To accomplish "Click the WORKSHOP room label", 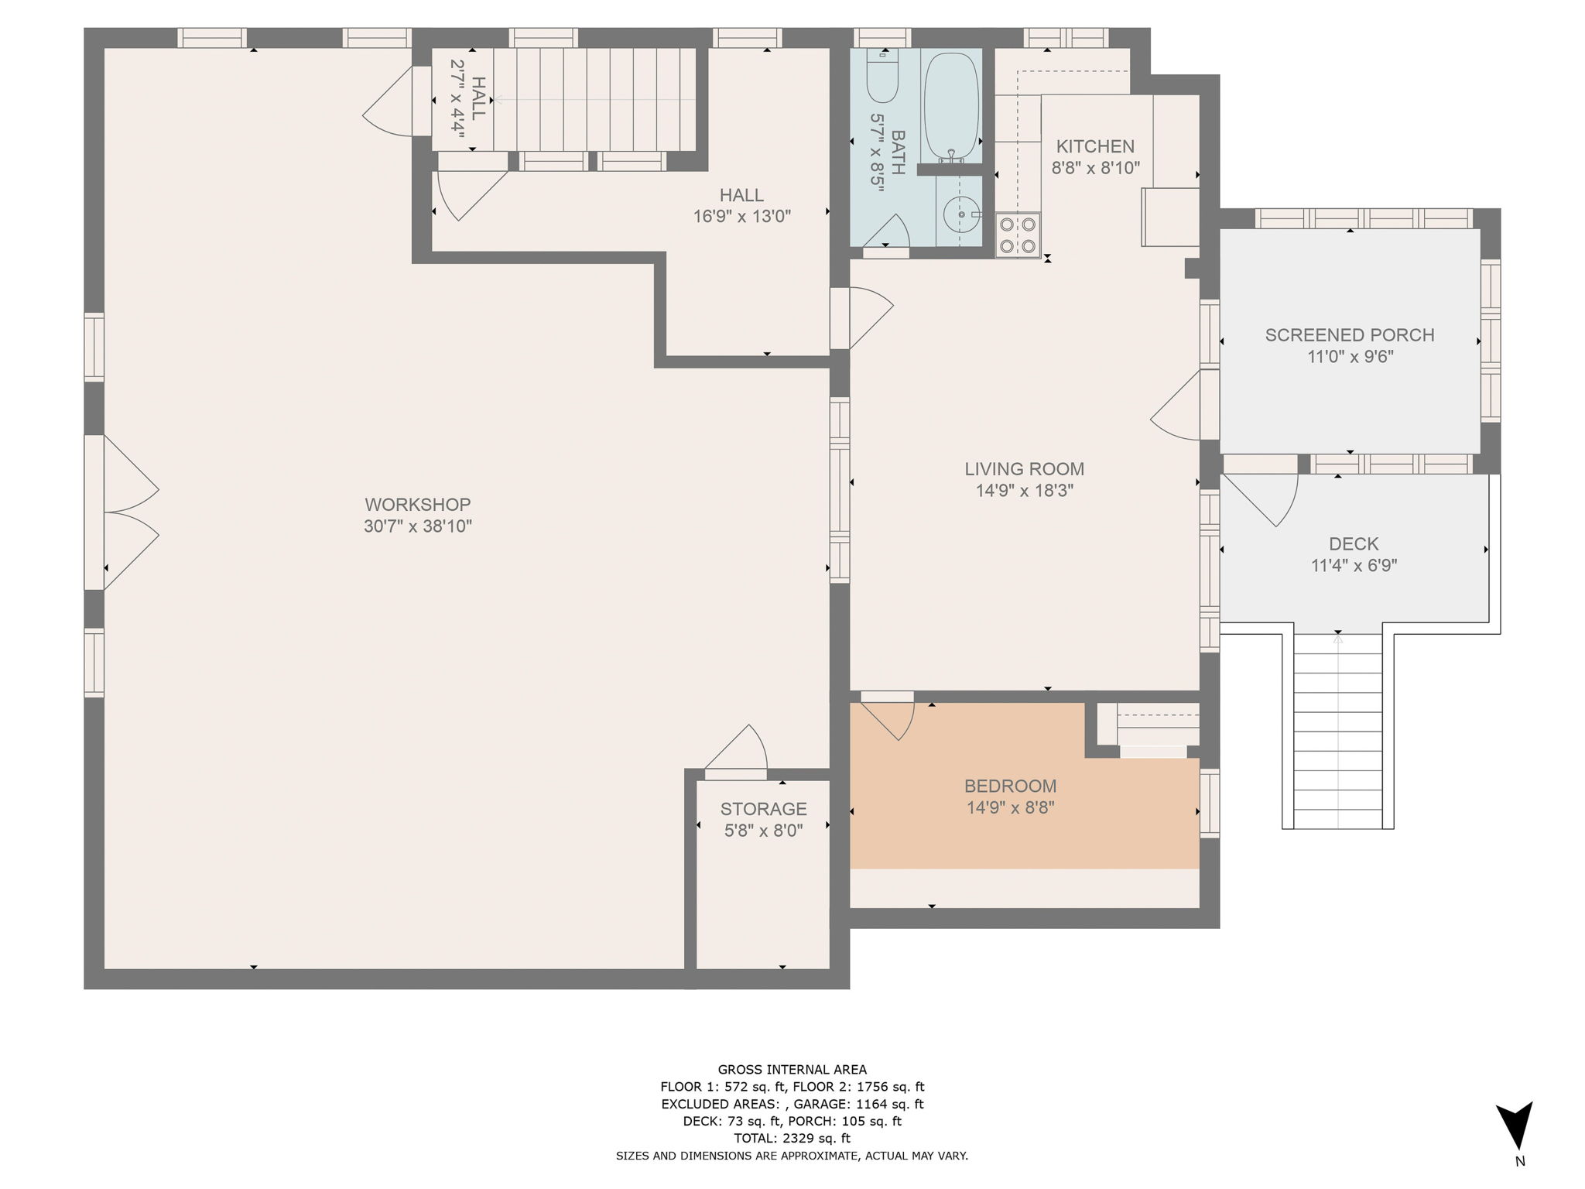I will point(417,505).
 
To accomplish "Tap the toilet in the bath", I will point(882,78).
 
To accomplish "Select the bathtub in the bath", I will point(951,105).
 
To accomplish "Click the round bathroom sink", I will point(960,214).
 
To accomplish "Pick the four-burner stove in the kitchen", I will point(1018,235).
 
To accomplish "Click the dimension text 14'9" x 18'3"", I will point(1024,490).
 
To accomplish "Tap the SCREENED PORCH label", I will point(1350,335).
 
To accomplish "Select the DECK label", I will point(1354,543).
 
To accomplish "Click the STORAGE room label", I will point(763,809).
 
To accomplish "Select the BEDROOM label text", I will point(1010,786).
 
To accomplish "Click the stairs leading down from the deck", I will point(1337,732).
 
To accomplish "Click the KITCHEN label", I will point(1095,146).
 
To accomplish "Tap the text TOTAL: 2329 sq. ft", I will point(792,1138).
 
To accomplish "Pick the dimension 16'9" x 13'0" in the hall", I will point(741,217).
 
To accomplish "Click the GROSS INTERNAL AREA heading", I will point(792,1070).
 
